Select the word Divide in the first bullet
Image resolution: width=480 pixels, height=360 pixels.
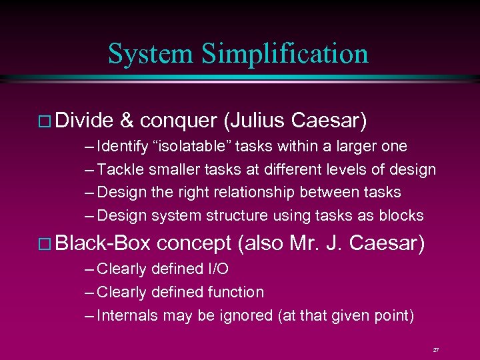click(x=85, y=120)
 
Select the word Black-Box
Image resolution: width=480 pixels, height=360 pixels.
click(x=103, y=243)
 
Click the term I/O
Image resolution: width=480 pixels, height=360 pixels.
click(x=215, y=269)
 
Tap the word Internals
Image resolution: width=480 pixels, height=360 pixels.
click(x=127, y=315)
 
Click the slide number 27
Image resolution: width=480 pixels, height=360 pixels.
click(x=435, y=349)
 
